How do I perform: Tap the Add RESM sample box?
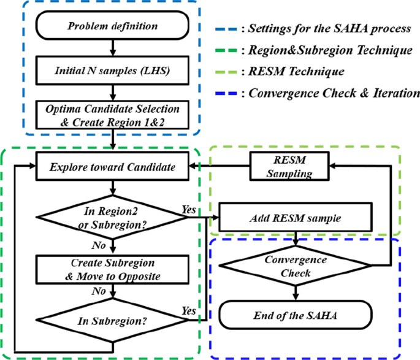(296, 218)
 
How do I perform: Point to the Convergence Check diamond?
(296, 264)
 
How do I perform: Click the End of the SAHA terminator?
(296, 316)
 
